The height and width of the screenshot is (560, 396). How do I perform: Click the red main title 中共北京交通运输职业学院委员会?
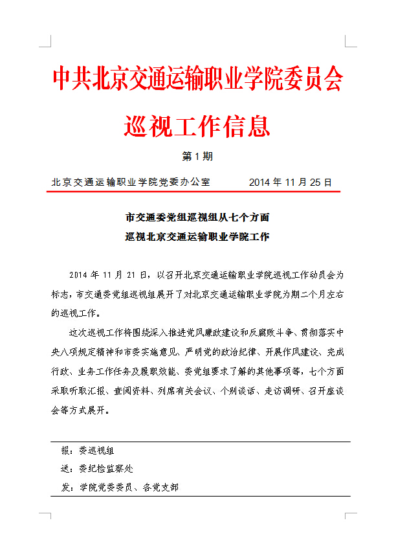(x=197, y=79)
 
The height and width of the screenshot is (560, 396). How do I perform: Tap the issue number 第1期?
(x=197, y=157)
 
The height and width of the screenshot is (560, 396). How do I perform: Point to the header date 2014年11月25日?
(x=290, y=182)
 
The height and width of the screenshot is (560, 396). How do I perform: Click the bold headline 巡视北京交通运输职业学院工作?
(x=197, y=236)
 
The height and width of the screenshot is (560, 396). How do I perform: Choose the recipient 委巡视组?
(x=96, y=451)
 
